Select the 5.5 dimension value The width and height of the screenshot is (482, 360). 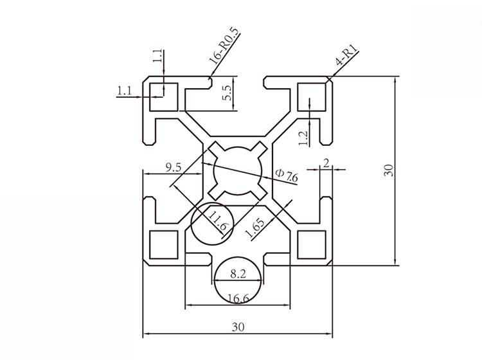[226, 93]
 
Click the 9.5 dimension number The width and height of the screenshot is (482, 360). [173, 168]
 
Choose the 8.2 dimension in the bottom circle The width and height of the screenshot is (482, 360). [238, 274]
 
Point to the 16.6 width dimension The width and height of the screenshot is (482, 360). [238, 296]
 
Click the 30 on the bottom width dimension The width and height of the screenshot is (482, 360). [238, 327]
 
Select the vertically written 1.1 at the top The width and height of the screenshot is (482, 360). [157, 57]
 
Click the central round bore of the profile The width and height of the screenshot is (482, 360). [238, 170]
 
